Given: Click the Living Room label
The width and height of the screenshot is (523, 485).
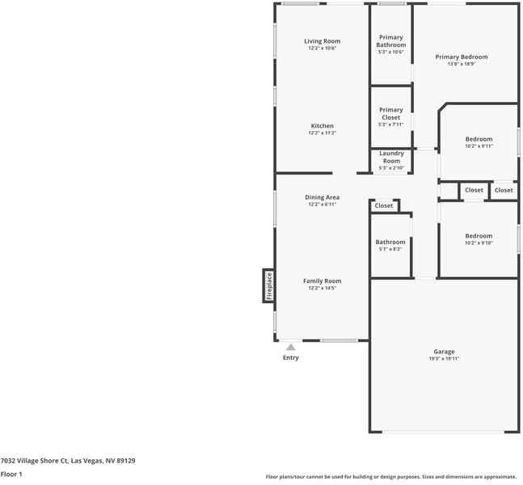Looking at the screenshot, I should (322, 41).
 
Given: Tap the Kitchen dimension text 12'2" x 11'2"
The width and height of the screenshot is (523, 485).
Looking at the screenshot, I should (322, 133).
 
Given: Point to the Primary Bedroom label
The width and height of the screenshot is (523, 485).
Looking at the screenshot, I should (462, 57).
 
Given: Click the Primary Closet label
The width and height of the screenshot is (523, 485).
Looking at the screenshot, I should (390, 114).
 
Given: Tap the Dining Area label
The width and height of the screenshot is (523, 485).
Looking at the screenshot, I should (322, 197).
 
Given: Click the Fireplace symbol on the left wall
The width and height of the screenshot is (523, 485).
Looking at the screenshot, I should (269, 286).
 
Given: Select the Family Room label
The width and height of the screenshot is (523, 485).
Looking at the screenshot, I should (322, 281).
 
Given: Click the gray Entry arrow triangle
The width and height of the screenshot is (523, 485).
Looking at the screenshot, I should (290, 348).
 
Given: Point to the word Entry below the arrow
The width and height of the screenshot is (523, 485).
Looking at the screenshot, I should (290, 357).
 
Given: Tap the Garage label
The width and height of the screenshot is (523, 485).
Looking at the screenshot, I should (444, 352).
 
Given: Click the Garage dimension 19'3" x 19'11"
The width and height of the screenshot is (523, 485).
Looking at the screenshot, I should (444, 359).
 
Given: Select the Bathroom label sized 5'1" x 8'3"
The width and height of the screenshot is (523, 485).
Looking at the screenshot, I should (390, 242).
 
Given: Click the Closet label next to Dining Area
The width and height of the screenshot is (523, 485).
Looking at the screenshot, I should (384, 206).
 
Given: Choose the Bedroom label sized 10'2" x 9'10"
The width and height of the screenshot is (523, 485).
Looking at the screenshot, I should (479, 236).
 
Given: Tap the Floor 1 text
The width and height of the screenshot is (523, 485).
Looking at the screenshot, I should (11, 474).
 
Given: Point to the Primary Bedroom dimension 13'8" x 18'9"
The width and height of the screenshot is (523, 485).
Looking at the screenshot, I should (462, 65).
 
